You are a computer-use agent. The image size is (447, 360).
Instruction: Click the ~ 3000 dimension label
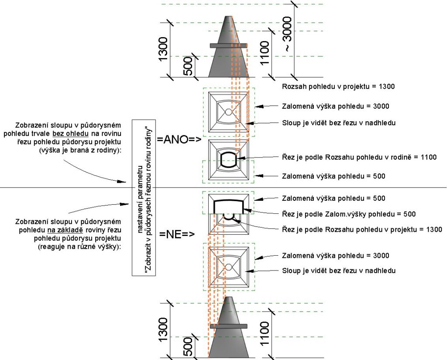click(x=288, y=34)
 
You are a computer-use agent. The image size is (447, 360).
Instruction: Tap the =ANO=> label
click(x=179, y=139)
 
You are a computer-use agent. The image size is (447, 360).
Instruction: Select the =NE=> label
click(x=177, y=234)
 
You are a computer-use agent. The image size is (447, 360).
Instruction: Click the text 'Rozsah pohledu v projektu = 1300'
click(x=338, y=86)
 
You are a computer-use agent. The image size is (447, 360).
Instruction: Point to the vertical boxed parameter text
click(x=144, y=198)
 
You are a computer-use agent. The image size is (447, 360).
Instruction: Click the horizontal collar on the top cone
click(x=228, y=46)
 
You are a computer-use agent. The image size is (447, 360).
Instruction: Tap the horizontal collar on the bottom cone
click(x=228, y=326)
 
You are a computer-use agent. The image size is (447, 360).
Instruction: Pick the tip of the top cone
click(x=228, y=16)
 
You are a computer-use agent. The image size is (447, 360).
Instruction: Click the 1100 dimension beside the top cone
click(x=265, y=53)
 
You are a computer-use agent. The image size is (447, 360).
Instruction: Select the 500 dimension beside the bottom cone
click(x=187, y=346)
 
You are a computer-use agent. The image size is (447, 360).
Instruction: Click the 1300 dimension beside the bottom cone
click(x=163, y=330)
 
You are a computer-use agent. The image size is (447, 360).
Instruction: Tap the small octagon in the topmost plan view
click(x=228, y=112)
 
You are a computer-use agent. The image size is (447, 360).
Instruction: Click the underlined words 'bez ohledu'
click(x=70, y=134)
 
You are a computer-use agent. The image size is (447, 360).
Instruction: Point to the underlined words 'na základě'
click(x=65, y=230)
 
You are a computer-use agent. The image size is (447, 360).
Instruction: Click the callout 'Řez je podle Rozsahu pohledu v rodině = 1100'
click(x=359, y=157)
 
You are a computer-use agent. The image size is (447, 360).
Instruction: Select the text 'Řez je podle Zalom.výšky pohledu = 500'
click(x=349, y=214)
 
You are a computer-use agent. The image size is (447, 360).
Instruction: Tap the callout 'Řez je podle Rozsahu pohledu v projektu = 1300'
click(x=362, y=230)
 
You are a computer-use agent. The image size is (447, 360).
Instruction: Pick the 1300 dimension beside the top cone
click(x=163, y=49)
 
